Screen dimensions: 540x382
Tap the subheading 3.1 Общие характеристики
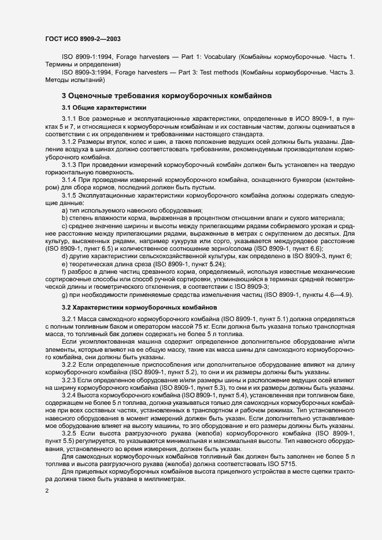(95, 108)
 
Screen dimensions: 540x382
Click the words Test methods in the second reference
(218, 73)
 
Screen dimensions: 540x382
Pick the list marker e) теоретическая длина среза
(64, 263)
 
